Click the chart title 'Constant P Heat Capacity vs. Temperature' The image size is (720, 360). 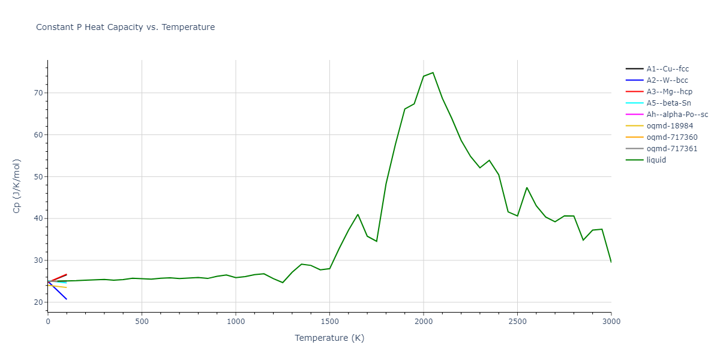click(x=125, y=27)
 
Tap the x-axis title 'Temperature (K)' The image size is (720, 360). click(x=329, y=338)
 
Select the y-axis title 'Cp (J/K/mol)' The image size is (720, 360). click(x=16, y=186)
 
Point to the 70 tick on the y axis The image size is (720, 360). click(x=40, y=93)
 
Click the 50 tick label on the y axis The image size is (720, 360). click(x=40, y=177)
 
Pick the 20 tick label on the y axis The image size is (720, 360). click(x=40, y=302)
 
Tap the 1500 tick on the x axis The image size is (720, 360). click(x=329, y=322)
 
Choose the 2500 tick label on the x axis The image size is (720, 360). click(x=517, y=322)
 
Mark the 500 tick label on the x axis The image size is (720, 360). click(x=142, y=322)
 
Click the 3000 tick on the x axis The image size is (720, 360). click(x=611, y=322)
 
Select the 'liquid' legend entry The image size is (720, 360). click(x=656, y=160)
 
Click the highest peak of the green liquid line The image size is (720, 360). click(x=433, y=73)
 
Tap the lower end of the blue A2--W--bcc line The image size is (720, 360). click(x=67, y=299)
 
